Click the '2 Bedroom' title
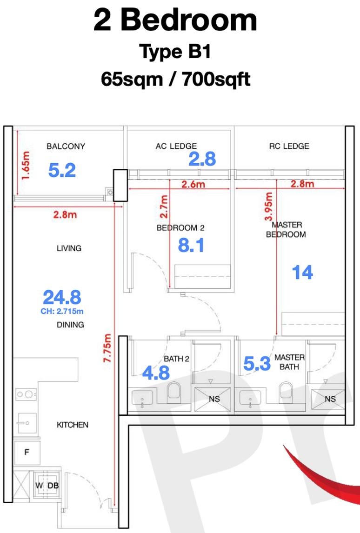175,20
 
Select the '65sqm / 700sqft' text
175,79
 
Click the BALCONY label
66,146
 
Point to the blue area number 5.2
62,170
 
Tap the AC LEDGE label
176,146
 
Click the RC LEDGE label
289,146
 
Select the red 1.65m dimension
26,165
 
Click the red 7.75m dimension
107,348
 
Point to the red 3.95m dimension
268,207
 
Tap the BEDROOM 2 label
180,228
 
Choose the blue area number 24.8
62,297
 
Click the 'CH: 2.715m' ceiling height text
62,311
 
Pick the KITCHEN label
73,425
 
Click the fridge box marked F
27,453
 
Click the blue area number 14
302,272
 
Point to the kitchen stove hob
26,394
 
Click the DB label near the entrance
53,486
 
